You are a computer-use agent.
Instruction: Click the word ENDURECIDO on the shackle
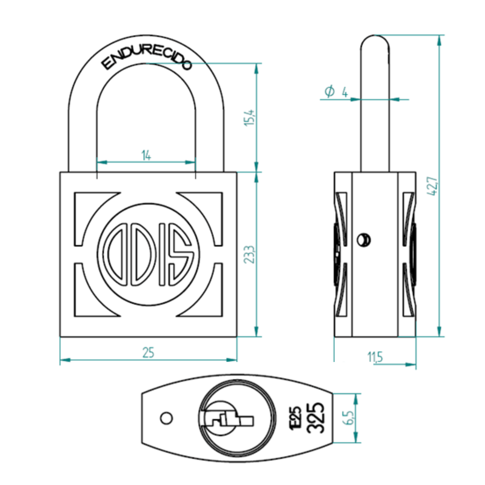pyautogui.click(x=145, y=56)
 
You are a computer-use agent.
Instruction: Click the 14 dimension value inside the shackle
pyautogui.click(x=146, y=155)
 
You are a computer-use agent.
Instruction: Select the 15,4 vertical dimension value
pyautogui.click(x=248, y=117)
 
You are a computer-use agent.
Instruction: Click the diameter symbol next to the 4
pyautogui.click(x=329, y=92)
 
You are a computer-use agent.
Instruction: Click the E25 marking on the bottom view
pyautogui.click(x=296, y=416)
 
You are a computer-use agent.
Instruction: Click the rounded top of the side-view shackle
pyautogui.click(x=375, y=44)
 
